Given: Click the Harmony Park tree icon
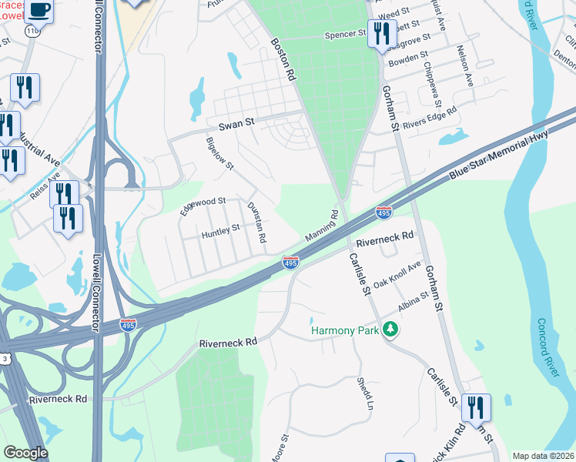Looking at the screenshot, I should click(x=392, y=330).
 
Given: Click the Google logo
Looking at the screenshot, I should click(x=25, y=453).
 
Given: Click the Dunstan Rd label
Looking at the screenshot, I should click(x=256, y=223).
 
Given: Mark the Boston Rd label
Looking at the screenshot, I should click(x=283, y=60).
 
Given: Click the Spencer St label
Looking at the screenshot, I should click(x=344, y=35).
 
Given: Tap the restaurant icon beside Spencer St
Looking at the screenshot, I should click(x=382, y=34).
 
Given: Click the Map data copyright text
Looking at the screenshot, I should click(x=543, y=456).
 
